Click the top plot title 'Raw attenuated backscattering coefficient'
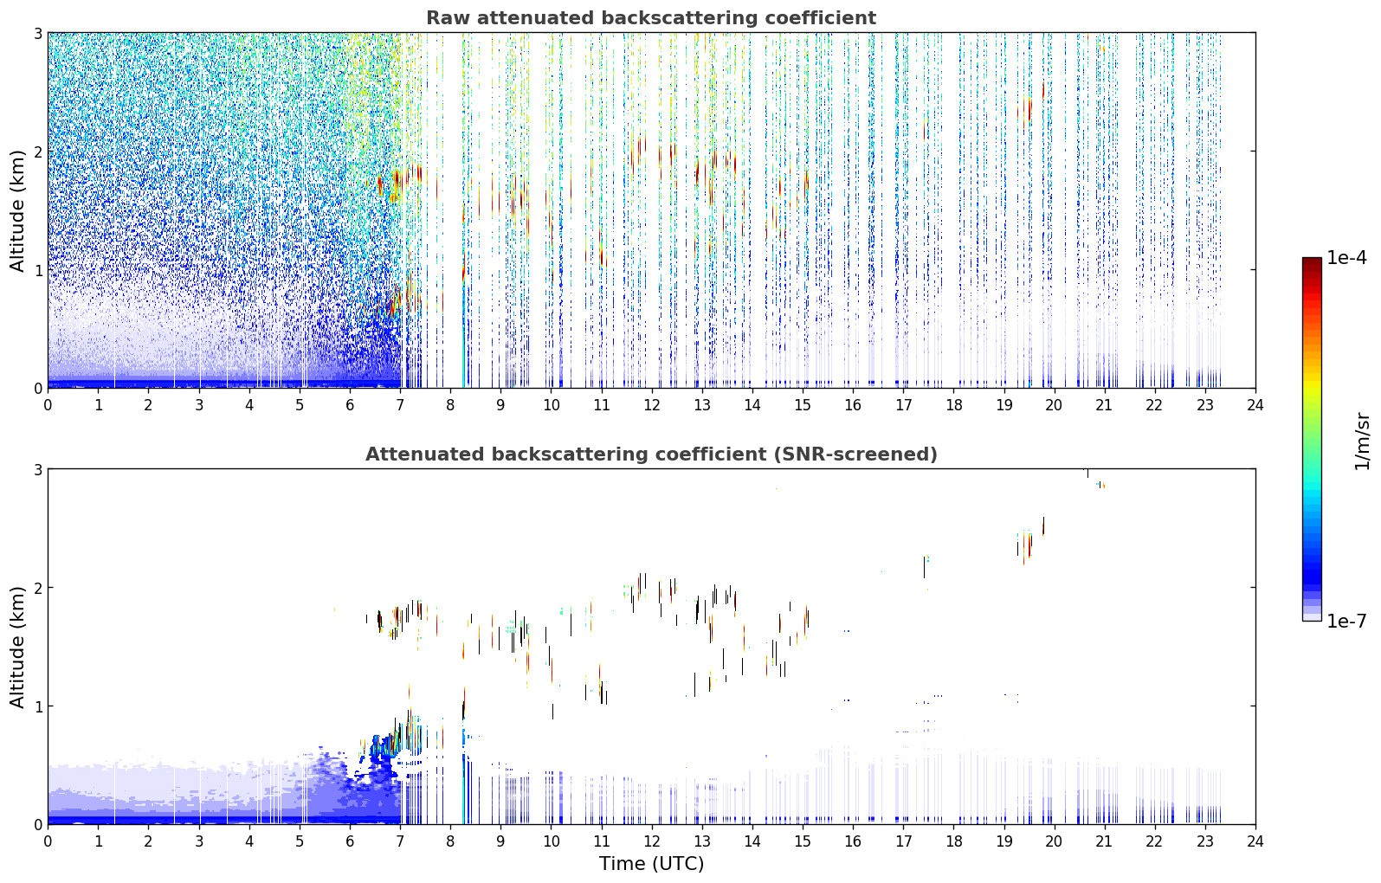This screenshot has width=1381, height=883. click(651, 18)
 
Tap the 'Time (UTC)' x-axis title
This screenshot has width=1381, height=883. click(651, 864)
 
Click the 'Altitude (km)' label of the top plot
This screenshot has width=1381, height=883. click(17, 211)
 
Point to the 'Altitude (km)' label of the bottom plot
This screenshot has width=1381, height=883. click(17, 647)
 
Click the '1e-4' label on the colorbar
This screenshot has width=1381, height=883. click(1346, 258)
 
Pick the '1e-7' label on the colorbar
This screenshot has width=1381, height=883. click(1346, 621)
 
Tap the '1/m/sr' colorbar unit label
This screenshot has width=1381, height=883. click(1363, 442)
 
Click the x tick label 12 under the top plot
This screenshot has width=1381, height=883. click(652, 406)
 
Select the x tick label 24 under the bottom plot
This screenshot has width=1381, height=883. click(1255, 841)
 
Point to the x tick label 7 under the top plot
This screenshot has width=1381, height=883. click(400, 406)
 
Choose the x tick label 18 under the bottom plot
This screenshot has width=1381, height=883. click(954, 841)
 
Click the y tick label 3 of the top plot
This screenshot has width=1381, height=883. click(37, 33)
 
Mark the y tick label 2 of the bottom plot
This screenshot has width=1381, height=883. click(37, 588)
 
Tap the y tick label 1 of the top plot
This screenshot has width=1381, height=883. click(37, 270)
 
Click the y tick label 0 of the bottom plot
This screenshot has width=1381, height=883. click(37, 824)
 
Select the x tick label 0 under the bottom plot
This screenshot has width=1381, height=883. click(48, 841)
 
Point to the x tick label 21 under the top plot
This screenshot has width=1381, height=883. click(1104, 406)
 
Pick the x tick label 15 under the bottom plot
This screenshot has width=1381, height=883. click(803, 841)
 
